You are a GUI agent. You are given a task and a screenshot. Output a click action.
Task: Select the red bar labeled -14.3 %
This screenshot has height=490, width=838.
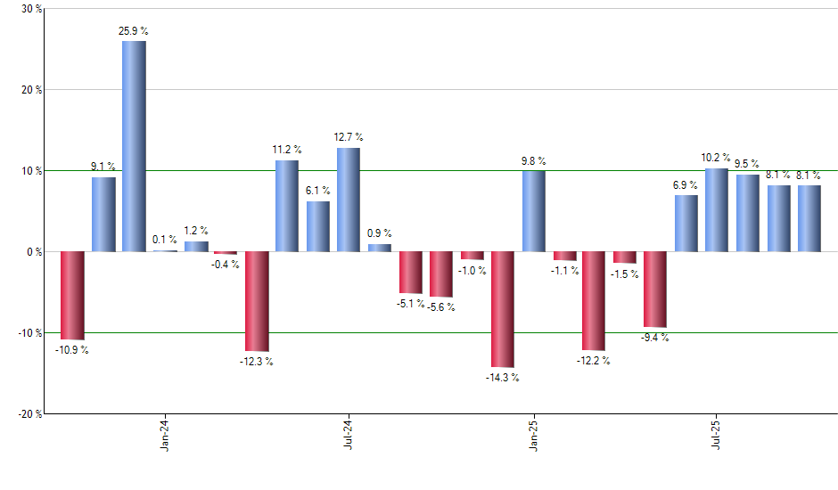(503, 309)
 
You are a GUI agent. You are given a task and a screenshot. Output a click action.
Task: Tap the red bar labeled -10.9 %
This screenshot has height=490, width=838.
(72, 295)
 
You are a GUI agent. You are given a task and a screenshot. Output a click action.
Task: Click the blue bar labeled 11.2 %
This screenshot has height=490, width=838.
(287, 206)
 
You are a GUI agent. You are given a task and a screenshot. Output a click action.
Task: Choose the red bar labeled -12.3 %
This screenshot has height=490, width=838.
(257, 301)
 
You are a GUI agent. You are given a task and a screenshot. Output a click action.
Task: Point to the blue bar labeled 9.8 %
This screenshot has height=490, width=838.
(534, 211)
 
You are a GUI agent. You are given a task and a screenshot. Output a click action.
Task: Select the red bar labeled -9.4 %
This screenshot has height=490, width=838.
(655, 290)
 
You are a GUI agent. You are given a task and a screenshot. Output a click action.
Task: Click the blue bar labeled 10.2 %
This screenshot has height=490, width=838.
(717, 210)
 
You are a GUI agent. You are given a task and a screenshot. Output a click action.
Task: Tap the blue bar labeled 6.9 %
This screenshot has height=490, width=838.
(686, 224)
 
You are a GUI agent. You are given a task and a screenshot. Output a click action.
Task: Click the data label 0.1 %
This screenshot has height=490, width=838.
(165, 239)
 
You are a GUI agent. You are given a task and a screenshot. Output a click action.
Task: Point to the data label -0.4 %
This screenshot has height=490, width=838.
(226, 265)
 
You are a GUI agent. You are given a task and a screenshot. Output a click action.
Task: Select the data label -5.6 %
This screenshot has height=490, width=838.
(441, 307)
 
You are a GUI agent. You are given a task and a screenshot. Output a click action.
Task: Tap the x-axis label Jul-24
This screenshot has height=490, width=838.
(348, 436)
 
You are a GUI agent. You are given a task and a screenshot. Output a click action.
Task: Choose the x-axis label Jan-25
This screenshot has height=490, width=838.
(534, 436)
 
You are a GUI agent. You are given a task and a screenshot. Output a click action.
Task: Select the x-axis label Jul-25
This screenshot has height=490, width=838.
(717, 436)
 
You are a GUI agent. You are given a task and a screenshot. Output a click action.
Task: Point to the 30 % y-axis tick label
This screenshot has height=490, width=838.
(30, 9)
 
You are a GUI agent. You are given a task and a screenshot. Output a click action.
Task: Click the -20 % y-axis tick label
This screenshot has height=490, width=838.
(29, 414)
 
